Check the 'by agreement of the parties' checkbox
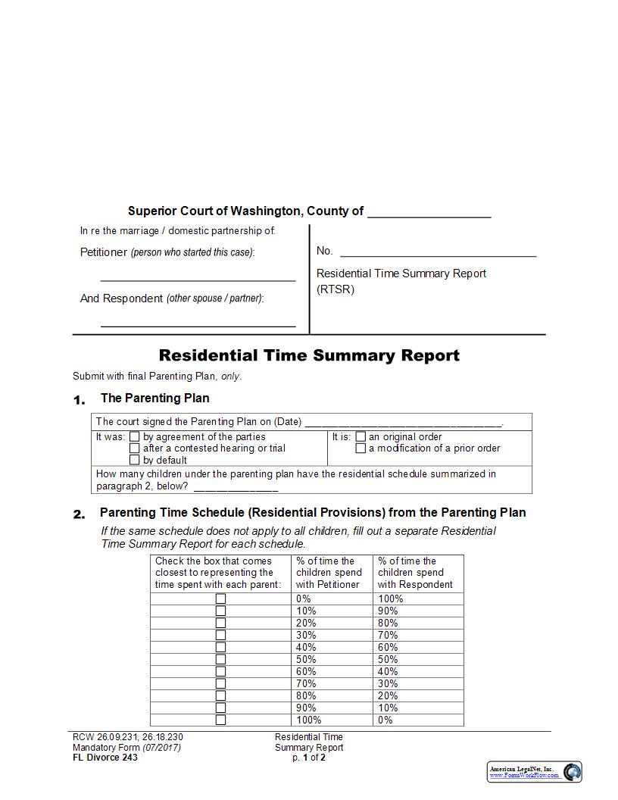click(x=135, y=437)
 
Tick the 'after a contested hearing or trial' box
click(x=135, y=448)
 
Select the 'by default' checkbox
click(x=135, y=460)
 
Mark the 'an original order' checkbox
click(x=360, y=437)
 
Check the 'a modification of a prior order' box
click(x=360, y=448)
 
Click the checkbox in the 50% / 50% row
click(x=220, y=659)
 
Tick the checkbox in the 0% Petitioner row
click(x=220, y=598)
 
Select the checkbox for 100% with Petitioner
click(x=220, y=720)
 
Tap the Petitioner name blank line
click(x=198, y=276)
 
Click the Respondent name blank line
click(x=198, y=322)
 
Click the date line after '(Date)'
click(x=403, y=423)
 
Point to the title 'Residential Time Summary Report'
click(x=309, y=355)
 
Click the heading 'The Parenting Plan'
click(x=154, y=398)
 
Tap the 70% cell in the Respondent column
click(x=388, y=635)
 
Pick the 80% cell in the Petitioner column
click(x=306, y=695)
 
